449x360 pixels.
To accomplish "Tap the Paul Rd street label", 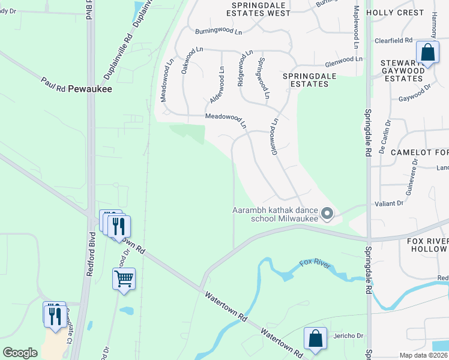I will click(53, 85).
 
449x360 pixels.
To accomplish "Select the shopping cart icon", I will click(124, 279).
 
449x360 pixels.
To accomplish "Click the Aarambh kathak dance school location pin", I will click(327, 214).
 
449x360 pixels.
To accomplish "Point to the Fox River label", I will click(315, 264).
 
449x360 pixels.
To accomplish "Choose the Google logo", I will click(20, 352).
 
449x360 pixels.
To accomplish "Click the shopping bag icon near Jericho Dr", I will click(315, 339).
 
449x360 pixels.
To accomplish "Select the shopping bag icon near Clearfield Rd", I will click(428, 53).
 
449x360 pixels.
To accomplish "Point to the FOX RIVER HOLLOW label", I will click(427, 244).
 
